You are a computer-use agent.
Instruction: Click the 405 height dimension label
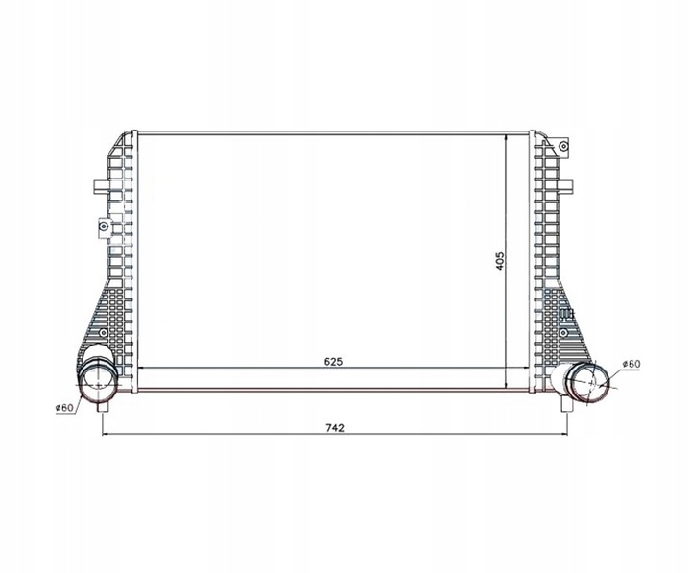coord(499,260)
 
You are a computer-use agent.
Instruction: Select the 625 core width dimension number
coord(332,362)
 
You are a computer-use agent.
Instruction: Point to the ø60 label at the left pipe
coord(64,407)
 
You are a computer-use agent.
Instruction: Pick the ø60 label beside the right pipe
coord(631,364)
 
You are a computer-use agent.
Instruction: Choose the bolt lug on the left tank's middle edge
coord(104,227)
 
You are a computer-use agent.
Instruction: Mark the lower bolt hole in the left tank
coord(98,330)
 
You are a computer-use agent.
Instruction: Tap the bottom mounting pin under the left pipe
coord(103,407)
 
